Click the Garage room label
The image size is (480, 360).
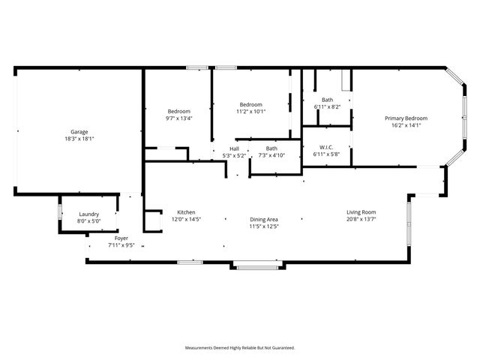pos(79,132)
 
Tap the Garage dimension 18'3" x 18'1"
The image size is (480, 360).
pos(79,139)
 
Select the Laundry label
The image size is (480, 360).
pos(88,214)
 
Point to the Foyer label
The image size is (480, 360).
pos(120,238)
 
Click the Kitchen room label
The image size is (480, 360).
pos(186,212)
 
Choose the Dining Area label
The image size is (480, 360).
pos(264,220)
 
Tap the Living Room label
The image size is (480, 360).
pos(361,212)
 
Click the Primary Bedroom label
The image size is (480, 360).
pos(406,118)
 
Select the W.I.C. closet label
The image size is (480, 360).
pos(326,147)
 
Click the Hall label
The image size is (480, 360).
pos(234,148)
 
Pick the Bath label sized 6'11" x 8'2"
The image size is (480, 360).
pos(327,100)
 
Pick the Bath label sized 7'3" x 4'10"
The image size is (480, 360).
pos(271,148)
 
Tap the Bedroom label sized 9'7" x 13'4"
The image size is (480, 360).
pos(178,111)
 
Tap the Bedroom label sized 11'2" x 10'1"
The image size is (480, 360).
pos(250,104)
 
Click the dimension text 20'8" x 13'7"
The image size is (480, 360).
pos(361,219)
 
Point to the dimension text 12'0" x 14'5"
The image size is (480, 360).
pos(186,219)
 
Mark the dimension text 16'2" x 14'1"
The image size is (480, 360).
pos(406,125)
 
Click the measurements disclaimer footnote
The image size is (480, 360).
pos(240,347)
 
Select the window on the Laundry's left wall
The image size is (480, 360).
pos(60,211)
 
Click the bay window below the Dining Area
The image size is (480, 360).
pos(255,265)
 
